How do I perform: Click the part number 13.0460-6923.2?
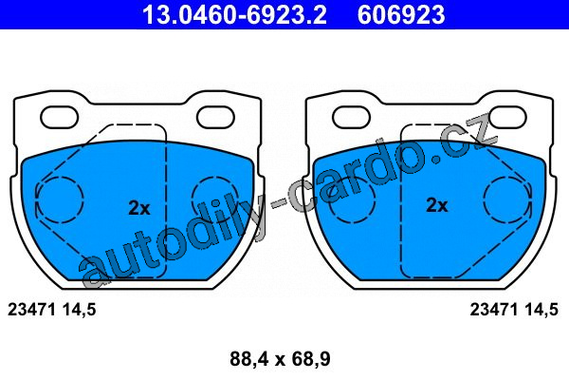[x=235, y=14]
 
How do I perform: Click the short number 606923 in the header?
[x=401, y=14]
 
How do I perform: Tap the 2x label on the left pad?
[x=139, y=208]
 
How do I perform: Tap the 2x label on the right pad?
[x=437, y=205]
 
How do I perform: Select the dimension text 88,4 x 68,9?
[x=280, y=359]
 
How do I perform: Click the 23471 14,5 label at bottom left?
[x=52, y=310]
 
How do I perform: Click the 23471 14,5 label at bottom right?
[x=514, y=310]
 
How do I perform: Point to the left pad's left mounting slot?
[x=60, y=117]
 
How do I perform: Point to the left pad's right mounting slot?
[x=215, y=117]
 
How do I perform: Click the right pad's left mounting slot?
[x=351, y=117]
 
